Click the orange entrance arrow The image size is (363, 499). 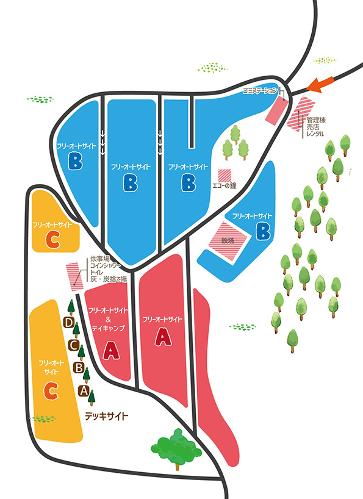click(321, 84)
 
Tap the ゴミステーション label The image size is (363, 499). click(261, 91)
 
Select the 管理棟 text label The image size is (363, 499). click(315, 120)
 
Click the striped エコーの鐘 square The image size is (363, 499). click(225, 175)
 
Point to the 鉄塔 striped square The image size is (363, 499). click(228, 240)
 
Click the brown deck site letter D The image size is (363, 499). click(68, 323)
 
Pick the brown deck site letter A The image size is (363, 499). click(84, 390)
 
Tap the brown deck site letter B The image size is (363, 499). click(79, 368)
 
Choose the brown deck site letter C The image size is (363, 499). click(73, 345)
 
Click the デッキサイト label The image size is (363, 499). click(107, 416)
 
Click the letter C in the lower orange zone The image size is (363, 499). click(51, 391)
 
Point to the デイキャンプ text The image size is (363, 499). click(109, 328)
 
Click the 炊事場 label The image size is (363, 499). click(98, 259)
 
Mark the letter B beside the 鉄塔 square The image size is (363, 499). click(264, 231)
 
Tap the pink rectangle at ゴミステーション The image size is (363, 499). click(276, 110)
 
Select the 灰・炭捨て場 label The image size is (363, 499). click(109, 279)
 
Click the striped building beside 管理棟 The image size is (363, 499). click(301, 113)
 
